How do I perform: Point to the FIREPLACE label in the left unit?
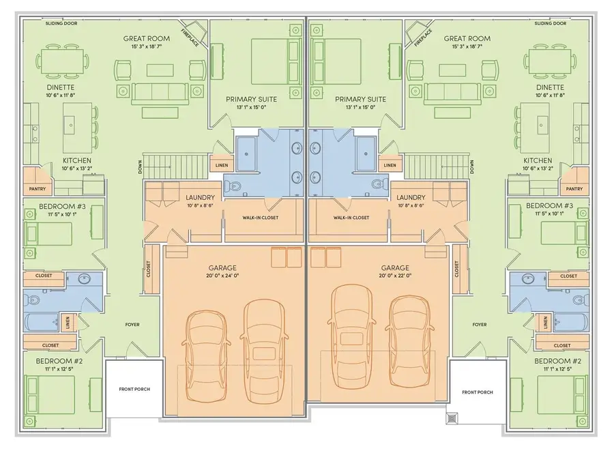pyautogui.click(x=190, y=37)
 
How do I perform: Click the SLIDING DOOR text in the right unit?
pyautogui.click(x=551, y=23)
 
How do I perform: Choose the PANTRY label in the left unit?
pyautogui.click(x=37, y=189)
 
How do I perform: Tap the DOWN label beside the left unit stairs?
pyautogui.click(x=140, y=167)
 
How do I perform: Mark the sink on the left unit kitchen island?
pyautogui.click(x=70, y=124)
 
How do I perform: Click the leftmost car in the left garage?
pyautogui.click(x=205, y=338)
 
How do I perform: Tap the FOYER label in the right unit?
pyautogui.click(x=480, y=325)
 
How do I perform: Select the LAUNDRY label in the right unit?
pyautogui.click(x=410, y=197)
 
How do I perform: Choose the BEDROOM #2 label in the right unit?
pyautogui.click(x=558, y=360)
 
